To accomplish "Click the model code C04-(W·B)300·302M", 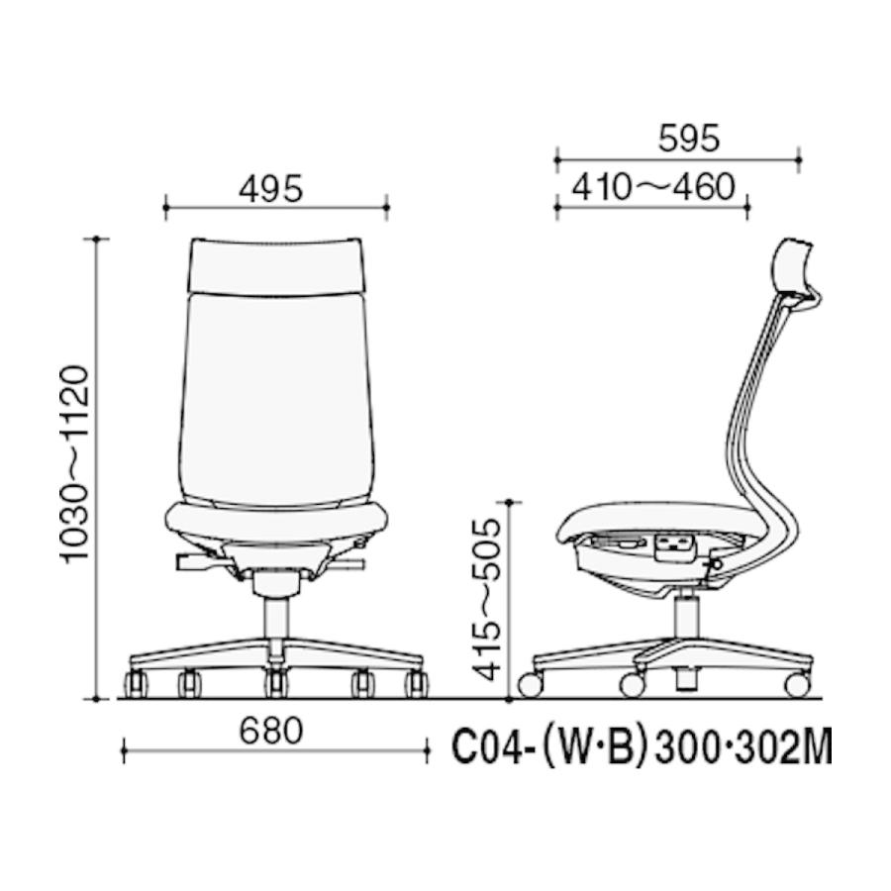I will tap(642, 749).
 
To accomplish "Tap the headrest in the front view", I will tap(277, 264).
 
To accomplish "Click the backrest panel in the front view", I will tap(277, 396).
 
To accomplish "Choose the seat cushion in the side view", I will tap(653, 520).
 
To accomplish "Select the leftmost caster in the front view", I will tap(134, 683).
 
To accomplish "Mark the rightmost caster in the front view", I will tap(416, 683).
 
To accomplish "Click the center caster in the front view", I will tap(275, 683).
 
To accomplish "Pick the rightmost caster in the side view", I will tap(795, 684).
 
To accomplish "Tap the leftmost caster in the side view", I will tap(531, 684).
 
